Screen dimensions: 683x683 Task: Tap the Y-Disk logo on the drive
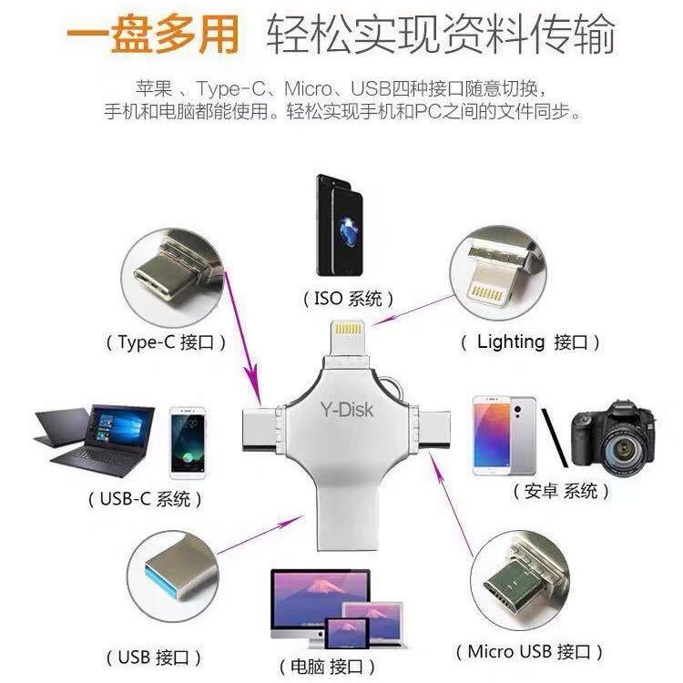(341, 412)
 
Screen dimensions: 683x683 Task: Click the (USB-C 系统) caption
(145, 499)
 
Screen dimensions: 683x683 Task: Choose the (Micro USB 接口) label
(529, 652)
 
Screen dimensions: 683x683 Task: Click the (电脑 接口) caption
(331, 665)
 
